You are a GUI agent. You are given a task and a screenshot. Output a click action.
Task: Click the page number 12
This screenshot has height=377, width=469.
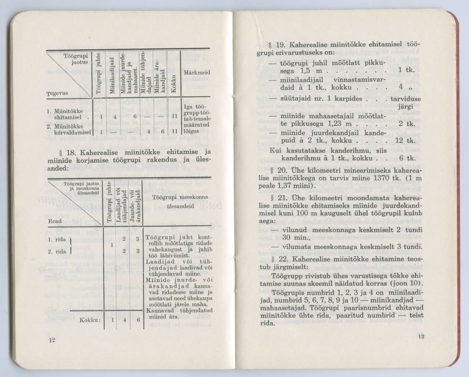(x=52, y=341)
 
